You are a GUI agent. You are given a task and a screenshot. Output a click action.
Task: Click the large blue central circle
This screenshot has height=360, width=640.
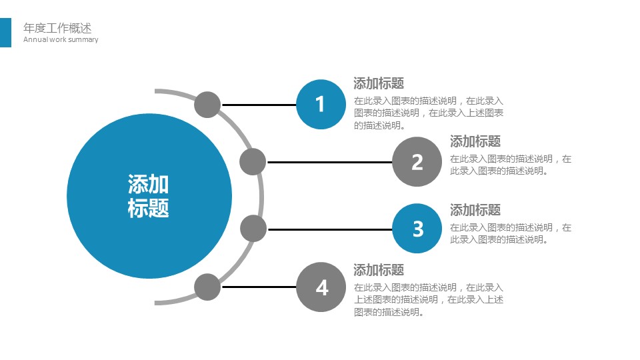[x=149, y=196]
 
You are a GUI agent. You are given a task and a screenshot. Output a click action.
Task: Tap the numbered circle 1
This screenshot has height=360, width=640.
[x=321, y=105]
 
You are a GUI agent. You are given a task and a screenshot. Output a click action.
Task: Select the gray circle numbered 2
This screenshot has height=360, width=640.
[x=417, y=162]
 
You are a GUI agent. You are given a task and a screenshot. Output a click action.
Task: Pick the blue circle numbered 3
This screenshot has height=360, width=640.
[x=417, y=229]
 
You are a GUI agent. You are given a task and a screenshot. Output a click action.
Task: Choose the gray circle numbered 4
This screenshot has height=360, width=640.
[x=321, y=287]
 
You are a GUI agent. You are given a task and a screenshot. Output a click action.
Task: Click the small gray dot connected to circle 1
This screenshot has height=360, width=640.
[x=207, y=105]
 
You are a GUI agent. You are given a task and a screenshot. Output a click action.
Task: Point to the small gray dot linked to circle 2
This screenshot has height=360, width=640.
[x=253, y=162]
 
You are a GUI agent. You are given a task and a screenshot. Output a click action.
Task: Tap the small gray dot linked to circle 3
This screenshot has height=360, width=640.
[x=253, y=229]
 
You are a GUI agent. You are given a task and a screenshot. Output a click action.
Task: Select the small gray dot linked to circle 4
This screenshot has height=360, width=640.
[x=207, y=287]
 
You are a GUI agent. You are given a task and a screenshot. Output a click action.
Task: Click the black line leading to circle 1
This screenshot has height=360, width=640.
[x=259, y=105]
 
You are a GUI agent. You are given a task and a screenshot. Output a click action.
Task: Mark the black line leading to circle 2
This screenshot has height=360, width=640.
[x=329, y=162]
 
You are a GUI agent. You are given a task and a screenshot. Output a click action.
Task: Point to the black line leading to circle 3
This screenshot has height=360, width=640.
[x=330, y=229]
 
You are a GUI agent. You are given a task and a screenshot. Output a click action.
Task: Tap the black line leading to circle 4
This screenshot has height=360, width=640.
[x=259, y=287]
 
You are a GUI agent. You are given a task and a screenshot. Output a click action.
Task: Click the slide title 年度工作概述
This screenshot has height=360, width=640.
[x=57, y=28]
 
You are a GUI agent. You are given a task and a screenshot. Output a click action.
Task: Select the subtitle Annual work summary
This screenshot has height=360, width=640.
[x=61, y=39]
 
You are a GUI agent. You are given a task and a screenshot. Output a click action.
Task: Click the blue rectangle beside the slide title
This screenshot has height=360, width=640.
[x=6, y=33]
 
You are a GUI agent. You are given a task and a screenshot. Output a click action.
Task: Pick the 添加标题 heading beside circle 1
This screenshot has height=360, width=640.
[x=379, y=83]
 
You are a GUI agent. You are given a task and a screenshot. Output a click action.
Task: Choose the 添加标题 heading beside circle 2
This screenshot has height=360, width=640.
[x=475, y=141]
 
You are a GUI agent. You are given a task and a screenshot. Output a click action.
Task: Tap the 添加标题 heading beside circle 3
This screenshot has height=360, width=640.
[x=475, y=210]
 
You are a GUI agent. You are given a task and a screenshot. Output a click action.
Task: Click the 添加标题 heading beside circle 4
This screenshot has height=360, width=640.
[x=379, y=270]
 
